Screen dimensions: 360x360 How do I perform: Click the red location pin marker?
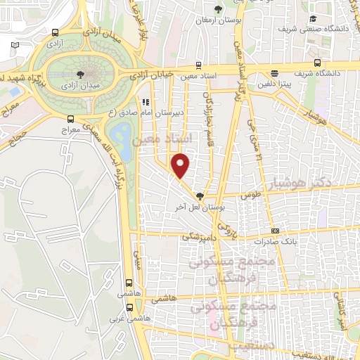point(181,165)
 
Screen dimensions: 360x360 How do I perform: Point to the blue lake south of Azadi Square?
point(121,133)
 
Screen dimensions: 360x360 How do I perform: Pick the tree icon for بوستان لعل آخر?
point(200,197)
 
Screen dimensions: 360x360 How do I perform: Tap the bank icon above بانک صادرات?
point(275,231)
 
